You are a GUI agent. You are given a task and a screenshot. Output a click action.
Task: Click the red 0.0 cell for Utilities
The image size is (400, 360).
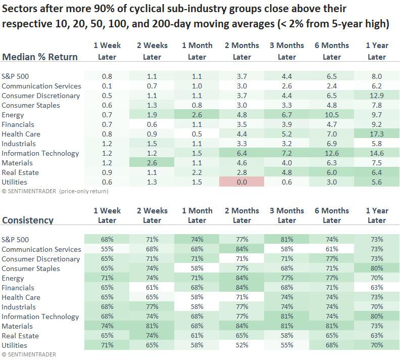click(241, 182)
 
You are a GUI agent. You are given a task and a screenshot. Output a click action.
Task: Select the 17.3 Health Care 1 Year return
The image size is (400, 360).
click(376, 134)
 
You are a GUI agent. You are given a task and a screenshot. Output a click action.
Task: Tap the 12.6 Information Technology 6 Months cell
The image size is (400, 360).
click(331, 153)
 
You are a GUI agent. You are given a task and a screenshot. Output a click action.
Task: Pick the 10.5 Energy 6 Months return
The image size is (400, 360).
click(331, 115)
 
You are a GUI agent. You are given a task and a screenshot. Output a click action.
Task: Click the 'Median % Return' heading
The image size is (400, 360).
click(40, 57)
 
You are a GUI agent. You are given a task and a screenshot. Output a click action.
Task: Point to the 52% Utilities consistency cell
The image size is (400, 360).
click(241, 345)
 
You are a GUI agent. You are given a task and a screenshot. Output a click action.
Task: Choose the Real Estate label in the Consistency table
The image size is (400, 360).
click(21, 336)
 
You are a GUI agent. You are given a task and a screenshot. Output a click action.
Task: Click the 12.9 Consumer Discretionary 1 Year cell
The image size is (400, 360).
click(376, 96)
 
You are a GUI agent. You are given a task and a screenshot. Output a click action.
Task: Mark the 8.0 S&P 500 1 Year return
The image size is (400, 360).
click(376, 76)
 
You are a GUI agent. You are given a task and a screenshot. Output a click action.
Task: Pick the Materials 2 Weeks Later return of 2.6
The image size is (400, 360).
click(152, 163)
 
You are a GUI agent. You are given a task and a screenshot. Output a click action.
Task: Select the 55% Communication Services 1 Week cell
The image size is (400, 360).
click(107, 249)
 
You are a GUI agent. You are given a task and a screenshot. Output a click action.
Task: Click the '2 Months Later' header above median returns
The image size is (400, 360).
click(241, 51)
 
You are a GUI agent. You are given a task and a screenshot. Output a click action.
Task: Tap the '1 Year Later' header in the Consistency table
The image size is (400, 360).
click(376, 215)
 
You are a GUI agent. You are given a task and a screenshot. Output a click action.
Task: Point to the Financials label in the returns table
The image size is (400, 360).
click(18, 124)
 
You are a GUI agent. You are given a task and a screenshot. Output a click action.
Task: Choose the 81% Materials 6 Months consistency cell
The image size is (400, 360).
click(331, 326)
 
